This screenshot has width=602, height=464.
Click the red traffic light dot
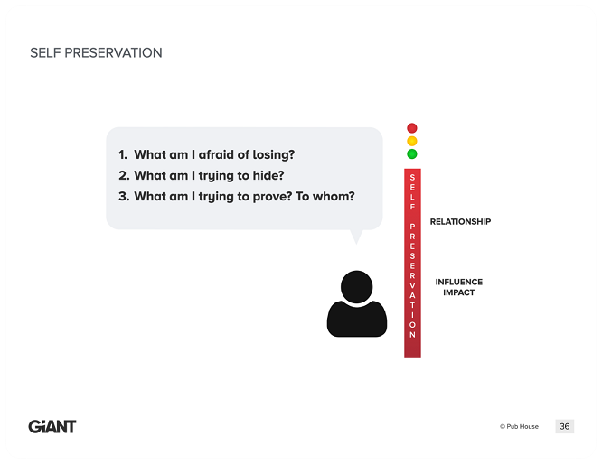[412, 127]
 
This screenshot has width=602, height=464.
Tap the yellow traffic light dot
[412, 141]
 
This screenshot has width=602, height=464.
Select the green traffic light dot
[412, 153]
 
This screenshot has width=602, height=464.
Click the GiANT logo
[52, 426]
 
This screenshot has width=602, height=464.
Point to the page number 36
[564, 426]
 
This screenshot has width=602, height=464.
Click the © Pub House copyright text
[519, 426]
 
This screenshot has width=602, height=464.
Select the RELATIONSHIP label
[460, 222]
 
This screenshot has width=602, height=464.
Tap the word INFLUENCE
[459, 282]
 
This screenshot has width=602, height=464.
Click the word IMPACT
[459, 292]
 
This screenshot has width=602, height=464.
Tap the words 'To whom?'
[325, 196]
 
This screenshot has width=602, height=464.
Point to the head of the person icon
[357, 287]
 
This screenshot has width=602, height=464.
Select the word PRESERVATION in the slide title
[113, 53]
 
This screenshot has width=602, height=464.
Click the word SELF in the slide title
[45, 53]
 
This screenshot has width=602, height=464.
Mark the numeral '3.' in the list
[124, 196]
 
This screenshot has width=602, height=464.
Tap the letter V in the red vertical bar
[412, 285]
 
